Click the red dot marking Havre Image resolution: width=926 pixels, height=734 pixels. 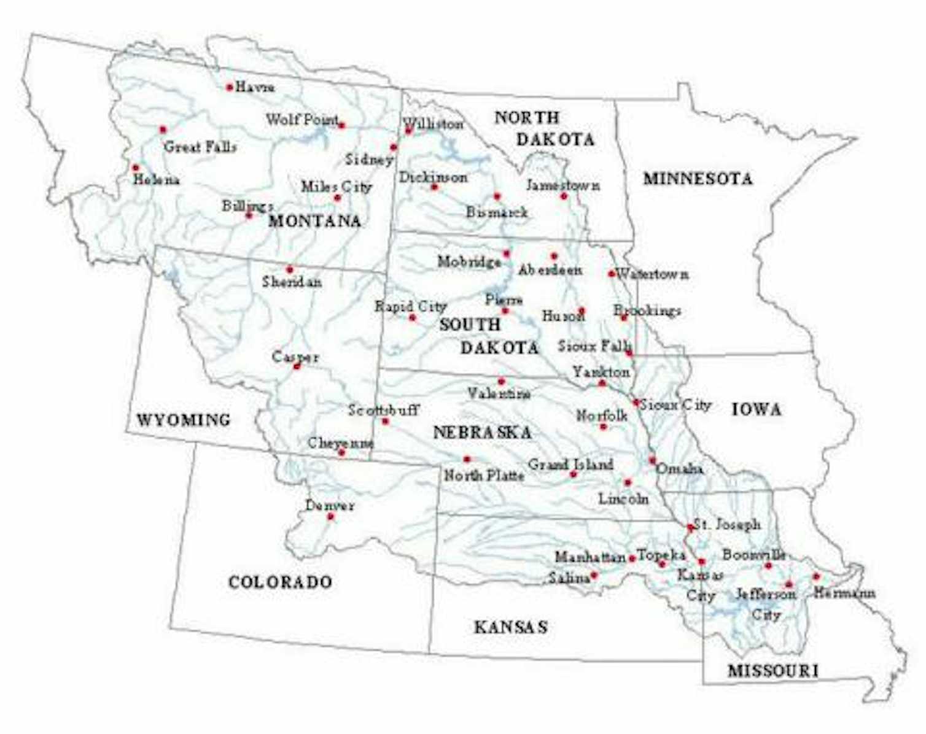tap(230, 87)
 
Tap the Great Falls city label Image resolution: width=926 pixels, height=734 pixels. tap(200, 147)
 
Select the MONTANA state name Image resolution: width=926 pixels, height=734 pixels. tap(314, 221)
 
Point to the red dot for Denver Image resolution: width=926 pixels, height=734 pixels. tap(331, 517)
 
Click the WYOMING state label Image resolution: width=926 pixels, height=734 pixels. tap(184, 420)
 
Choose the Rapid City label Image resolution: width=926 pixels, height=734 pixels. tap(410, 306)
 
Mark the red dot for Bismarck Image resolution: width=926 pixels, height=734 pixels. tap(497, 196)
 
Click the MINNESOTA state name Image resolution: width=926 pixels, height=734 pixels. tap(698, 179)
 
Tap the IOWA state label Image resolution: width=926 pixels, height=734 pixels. tap(757, 409)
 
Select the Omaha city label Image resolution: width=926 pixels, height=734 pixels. tap(680, 469)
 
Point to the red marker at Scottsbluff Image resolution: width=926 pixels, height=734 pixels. tap(385, 421)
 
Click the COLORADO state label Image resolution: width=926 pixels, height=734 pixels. tap(281, 582)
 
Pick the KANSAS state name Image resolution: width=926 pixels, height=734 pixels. tap(510, 627)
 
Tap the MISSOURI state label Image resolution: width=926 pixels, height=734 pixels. tap(773, 671)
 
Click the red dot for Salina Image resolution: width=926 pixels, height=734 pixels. tap(594, 576)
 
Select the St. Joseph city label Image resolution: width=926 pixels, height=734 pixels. tap(728, 525)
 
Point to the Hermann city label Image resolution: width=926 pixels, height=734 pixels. tap(844, 593)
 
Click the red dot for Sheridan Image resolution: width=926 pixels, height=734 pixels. tap(290, 269)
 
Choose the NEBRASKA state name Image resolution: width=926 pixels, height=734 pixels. tap(482, 433)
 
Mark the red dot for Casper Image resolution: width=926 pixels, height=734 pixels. tap(297, 366)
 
